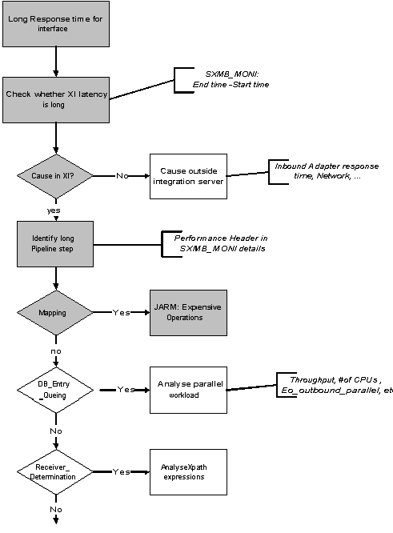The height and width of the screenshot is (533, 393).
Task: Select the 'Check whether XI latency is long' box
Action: (54, 99)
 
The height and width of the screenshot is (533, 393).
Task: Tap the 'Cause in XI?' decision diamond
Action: (54, 174)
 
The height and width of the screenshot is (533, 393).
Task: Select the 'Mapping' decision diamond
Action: (54, 313)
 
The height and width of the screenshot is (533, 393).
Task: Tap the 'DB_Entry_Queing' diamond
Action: (54, 389)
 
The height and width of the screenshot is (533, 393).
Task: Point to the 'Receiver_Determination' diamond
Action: (54, 471)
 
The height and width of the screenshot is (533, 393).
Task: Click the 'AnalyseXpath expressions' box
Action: (184, 471)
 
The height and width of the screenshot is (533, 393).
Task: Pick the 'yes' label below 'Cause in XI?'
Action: (54, 210)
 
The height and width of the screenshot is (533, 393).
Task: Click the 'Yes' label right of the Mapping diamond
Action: (122, 312)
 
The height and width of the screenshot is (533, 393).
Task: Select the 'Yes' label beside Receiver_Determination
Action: (122, 471)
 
